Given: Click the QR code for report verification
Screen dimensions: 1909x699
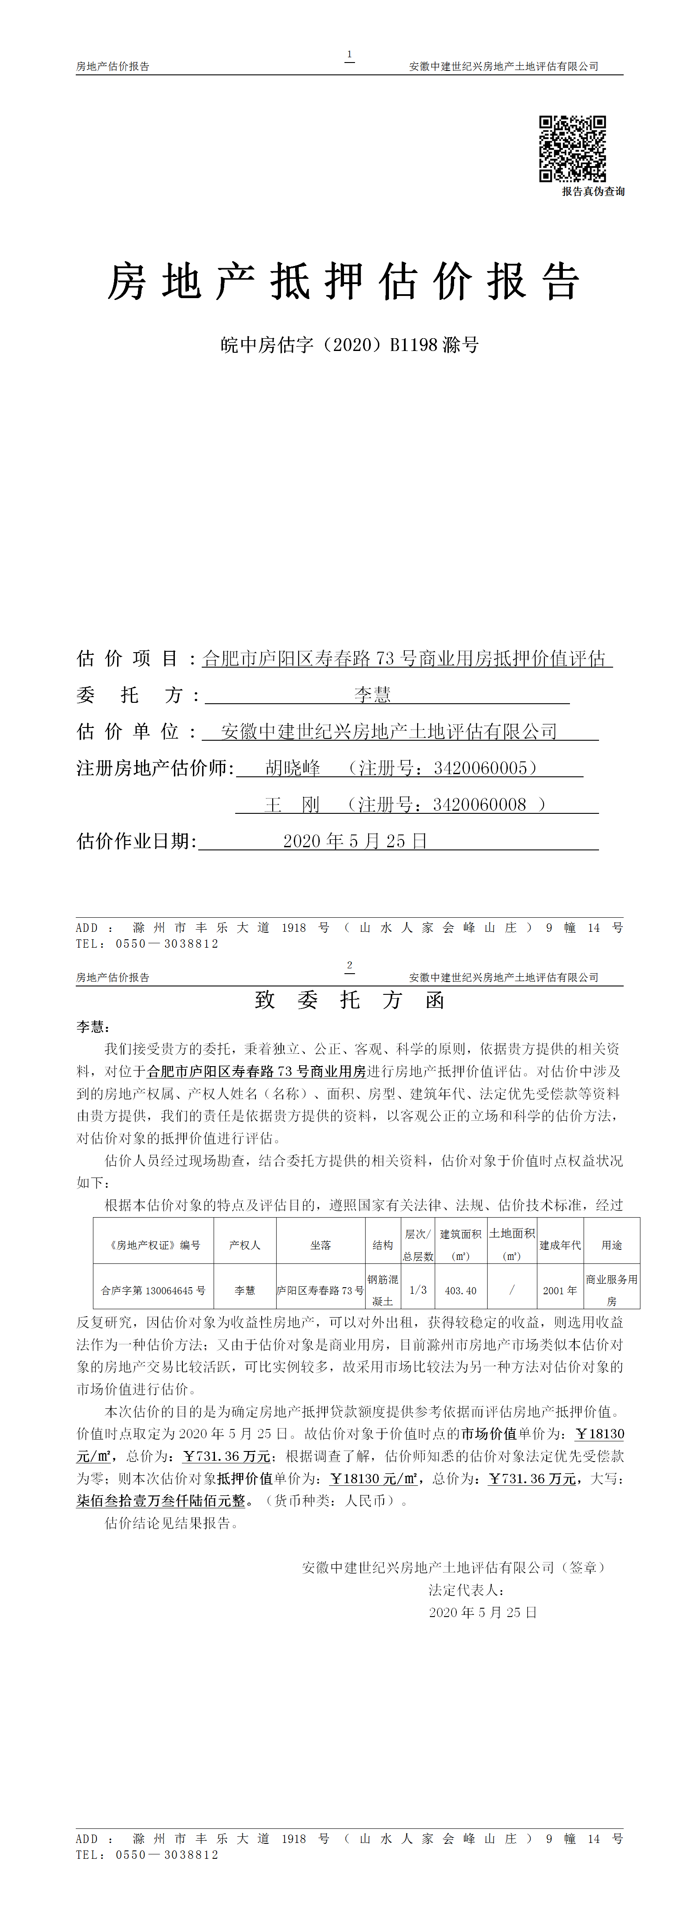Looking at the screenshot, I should (x=572, y=148).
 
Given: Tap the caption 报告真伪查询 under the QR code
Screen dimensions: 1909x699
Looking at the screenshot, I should (x=592, y=191).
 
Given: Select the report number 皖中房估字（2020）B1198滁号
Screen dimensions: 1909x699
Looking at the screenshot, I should (x=349, y=345).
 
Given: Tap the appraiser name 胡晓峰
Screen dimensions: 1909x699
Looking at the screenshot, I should (x=293, y=768).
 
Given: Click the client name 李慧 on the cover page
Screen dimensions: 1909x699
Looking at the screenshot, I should (x=372, y=694).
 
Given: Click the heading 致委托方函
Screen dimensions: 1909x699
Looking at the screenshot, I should (x=349, y=1001).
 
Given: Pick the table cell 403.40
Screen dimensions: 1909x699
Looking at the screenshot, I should (x=460, y=1290).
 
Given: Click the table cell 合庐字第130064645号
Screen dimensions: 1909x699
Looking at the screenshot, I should (x=153, y=1290).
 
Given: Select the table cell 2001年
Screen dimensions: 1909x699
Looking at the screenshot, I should (x=560, y=1290).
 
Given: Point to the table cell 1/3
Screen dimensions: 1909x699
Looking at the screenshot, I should (x=418, y=1290).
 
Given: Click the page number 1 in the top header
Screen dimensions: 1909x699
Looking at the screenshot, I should (x=349, y=54).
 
